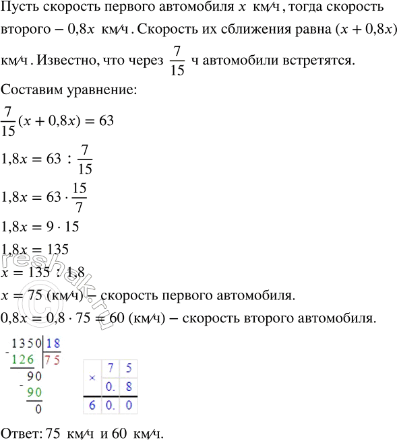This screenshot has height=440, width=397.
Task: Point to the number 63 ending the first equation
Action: pos(106,121)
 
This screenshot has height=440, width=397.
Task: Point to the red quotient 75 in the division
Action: pos(53,359)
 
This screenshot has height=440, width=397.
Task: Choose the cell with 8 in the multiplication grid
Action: pos(126,386)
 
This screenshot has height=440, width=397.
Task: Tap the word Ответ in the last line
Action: pos(20,431)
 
